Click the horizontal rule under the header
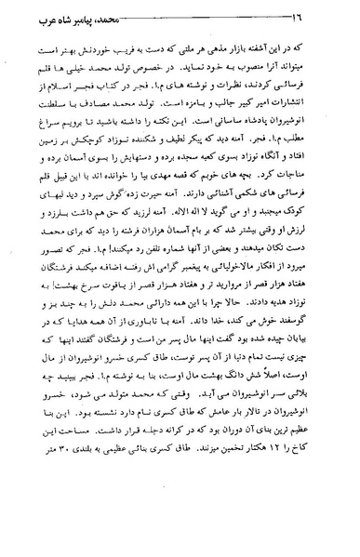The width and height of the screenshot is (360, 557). (180, 28)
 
